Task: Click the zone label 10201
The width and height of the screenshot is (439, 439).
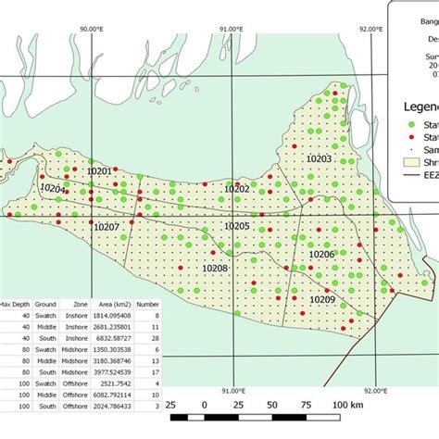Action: tap(99, 170)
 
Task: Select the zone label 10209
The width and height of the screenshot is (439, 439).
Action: tap(322, 299)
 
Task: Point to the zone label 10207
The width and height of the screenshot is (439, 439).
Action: tap(107, 226)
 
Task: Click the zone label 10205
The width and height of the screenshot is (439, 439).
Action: tap(237, 225)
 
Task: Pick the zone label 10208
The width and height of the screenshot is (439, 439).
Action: tap(215, 268)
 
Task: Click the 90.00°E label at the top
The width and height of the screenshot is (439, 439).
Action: tap(95, 29)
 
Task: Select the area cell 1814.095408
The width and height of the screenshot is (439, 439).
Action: tap(112, 316)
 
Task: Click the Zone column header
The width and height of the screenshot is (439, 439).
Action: tap(76, 304)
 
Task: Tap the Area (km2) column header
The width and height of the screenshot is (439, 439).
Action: tap(113, 304)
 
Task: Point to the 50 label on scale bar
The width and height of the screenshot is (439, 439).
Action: tap(271, 406)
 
